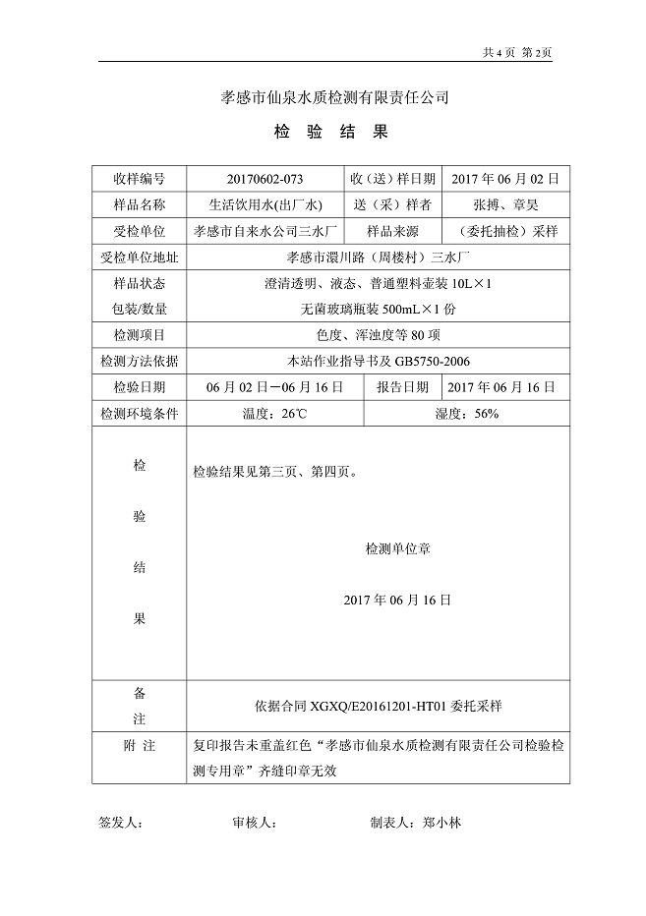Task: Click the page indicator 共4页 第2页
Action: point(517,52)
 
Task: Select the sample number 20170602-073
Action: point(264,179)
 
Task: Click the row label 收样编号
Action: point(139,179)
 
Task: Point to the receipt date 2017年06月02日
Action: point(504,179)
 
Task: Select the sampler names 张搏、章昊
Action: point(504,205)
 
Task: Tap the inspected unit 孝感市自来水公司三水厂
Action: point(265,232)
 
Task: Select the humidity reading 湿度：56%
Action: point(466,414)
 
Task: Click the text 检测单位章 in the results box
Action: point(397,548)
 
